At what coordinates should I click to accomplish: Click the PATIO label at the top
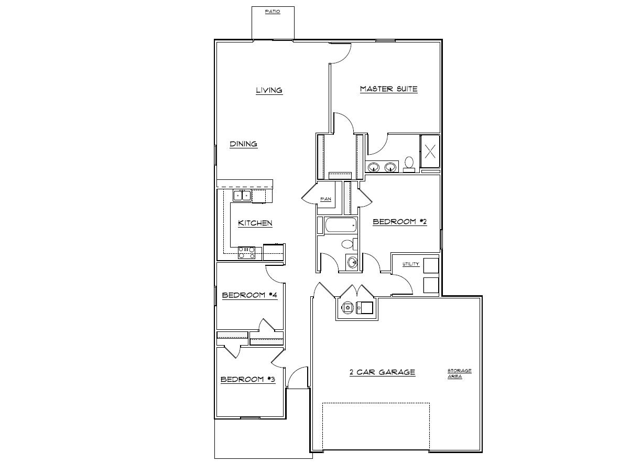[272, 12]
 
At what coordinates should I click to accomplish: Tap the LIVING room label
[269, 90]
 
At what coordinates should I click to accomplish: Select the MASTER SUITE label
[388, 89]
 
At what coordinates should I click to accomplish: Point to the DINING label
[243, 144]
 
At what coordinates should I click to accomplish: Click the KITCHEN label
[255, 223]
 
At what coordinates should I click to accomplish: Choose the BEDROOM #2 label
[399, 222]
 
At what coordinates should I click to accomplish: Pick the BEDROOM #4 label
[249, 295]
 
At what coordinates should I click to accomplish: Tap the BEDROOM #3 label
[247, 380]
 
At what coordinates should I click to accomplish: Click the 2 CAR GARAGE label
[382, 372]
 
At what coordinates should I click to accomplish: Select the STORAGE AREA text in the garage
[459, 373]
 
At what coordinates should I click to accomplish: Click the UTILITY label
[410, 264]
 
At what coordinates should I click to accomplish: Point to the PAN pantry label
[325, 199]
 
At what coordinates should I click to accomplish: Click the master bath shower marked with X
[430, 152]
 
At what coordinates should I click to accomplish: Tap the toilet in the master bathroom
[409, 164]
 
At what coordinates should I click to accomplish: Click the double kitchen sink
[242, 196]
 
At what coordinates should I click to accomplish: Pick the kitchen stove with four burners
[246, 253]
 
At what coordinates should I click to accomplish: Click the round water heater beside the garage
[346, 308]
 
